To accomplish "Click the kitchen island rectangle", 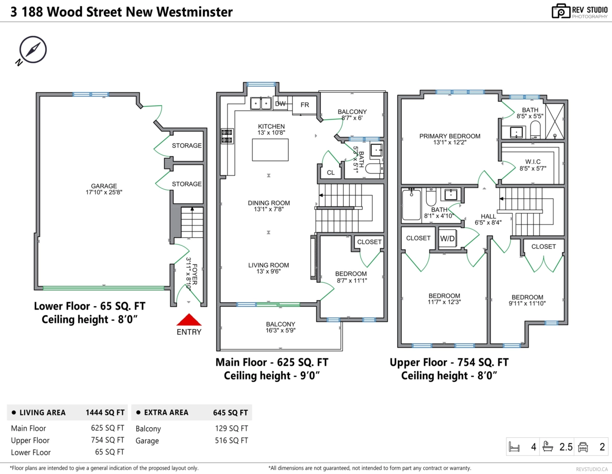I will (x=270, y=150).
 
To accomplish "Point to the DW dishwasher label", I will (x=280, y=104).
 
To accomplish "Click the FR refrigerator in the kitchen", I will (x=304, y=105).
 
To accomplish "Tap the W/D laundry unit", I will (x=448, y=238).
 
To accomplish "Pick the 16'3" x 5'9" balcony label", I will (x=280, y=327).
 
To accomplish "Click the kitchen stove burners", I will (x=226, y=136).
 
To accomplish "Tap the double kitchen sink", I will (x=261, y=103).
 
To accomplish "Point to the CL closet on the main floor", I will (x=330, y=172).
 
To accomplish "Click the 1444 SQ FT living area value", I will (x=105, y=412).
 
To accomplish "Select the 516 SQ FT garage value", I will (x=232, y=441).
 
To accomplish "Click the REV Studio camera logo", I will (x=561, y=11).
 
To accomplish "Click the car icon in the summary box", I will (x=583, y=447).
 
